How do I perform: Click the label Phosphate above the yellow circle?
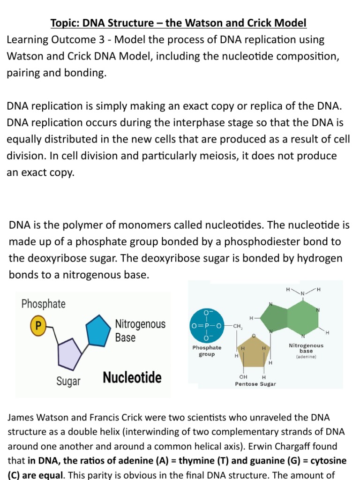coord(44,304)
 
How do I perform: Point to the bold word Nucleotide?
coord(132,377)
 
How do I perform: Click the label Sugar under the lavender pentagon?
coord(68,381)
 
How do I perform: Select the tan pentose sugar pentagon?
coord(253,352)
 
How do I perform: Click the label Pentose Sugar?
coord(255,384)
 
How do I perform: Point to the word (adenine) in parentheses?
coord(306,357)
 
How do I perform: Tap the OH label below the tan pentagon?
coord(243,376)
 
